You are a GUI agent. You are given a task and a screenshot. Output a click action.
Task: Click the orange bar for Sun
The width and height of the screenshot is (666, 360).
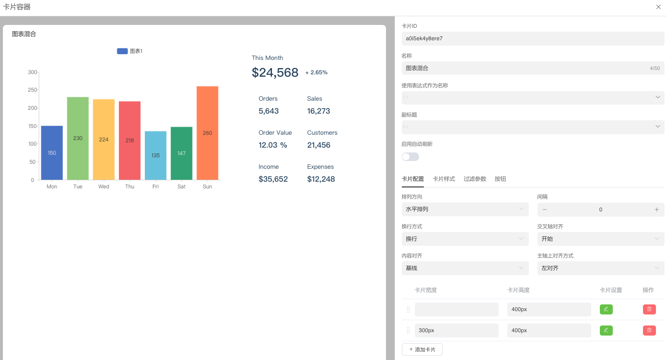click(207, 133)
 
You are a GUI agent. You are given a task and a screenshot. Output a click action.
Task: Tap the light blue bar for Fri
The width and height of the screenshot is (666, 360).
click(155, 155)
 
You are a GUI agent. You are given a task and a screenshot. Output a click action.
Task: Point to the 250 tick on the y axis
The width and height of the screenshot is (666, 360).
click(32, 90)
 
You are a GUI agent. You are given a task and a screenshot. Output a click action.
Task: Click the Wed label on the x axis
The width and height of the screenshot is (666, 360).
click(104, 186)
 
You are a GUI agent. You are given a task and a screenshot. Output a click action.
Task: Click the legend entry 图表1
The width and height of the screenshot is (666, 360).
click(130, 51)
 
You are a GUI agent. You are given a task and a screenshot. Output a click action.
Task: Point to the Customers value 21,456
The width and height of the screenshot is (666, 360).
click(319, 145)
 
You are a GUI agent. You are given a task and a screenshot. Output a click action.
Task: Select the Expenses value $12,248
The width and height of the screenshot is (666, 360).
click(321, 179)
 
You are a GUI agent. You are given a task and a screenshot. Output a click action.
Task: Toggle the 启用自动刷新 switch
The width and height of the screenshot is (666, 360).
click(410, 157)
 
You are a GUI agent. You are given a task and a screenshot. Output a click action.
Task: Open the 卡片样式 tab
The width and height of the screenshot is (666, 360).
click(444, 179)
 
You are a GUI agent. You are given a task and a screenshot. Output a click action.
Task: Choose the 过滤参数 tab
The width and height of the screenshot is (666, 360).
click(475, 179)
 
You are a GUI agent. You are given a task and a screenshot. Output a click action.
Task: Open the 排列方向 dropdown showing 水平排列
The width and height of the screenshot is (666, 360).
click(465, 209)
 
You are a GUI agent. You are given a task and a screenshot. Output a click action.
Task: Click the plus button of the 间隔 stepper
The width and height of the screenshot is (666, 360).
click(656, 209)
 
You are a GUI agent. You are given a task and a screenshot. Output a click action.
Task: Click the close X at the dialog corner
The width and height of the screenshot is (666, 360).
click(658, 7)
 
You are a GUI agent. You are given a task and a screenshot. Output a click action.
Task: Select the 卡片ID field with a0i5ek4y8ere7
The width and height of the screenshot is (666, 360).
click(533, 38)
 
